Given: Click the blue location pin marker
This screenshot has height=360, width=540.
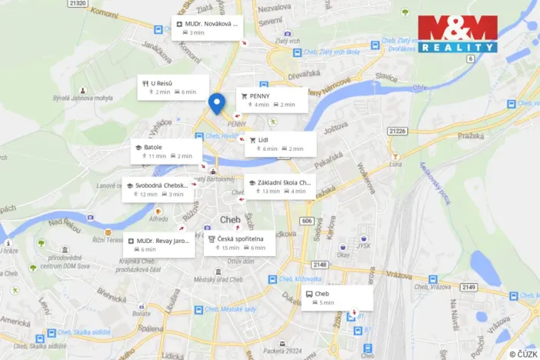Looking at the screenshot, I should pos(217,102).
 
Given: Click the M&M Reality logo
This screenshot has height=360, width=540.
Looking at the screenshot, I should pos(458,34).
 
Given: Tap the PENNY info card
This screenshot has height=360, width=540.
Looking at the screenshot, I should pos(272,100).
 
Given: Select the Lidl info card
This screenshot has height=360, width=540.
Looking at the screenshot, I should pos(280,144).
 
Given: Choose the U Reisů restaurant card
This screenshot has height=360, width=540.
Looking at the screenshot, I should pos(173,87).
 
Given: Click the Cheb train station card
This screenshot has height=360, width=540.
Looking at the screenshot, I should pos(336,298).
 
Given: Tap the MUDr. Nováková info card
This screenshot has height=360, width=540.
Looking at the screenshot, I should pos(207,28).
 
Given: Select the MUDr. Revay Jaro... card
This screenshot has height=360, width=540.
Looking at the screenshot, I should pos(158,245).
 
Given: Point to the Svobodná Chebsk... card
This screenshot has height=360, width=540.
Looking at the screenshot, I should pos(158,189).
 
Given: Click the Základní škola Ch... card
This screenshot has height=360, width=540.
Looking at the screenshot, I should pos(279,186).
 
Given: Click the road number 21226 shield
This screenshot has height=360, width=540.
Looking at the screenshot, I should pos(397,131).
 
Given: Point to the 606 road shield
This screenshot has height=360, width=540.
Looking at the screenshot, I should pos(306,221).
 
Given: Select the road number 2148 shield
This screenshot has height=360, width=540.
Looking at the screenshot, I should pos(320,265).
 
